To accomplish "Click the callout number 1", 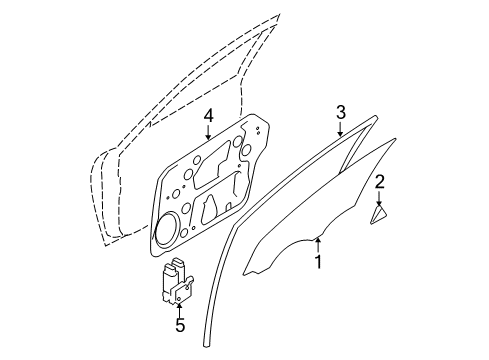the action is (x=318, y=263).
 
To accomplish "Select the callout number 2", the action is (x=379, y=181).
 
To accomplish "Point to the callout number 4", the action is (x=209, y=116).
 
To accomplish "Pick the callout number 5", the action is (x=180, y=325).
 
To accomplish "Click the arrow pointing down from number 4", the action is (x=209, y=136).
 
